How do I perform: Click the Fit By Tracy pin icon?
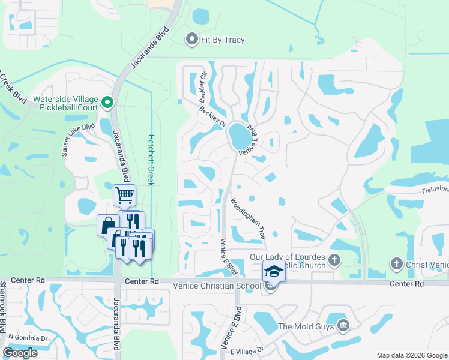tap(192, 40)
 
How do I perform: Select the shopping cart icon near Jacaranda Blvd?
tap(124, 194)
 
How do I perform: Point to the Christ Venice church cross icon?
tap(396, 263)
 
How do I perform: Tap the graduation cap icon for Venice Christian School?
tap(273, 271)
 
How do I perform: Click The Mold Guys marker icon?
tap(343, 326)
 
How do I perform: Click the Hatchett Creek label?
tap(151, 160)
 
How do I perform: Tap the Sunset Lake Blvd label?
tap(78, 140)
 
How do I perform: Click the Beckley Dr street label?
tap(211, 117)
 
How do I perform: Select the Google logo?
tap(20, 353)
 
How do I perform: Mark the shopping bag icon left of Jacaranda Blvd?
tap(108, 225)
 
